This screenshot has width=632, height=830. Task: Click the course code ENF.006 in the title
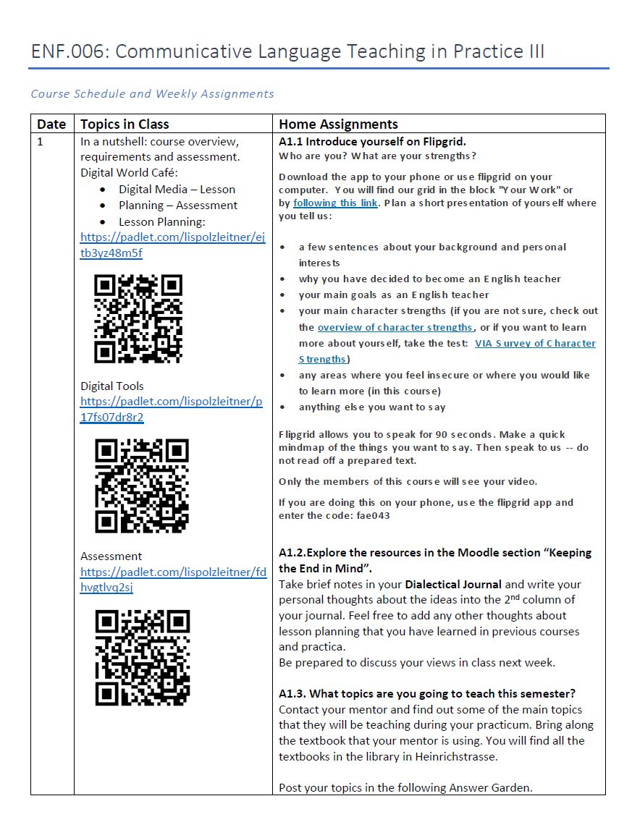[x=69, y=52]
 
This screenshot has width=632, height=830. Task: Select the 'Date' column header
[x=51, y=124]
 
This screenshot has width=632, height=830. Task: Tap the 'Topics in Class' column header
[x=125, y=124]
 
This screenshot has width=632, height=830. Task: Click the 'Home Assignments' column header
[x=338, y=124]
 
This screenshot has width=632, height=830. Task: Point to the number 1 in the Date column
[x=41, y=141]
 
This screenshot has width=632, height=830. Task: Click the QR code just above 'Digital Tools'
[x=138, y=318]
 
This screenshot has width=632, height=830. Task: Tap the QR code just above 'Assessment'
[x=142, y=486]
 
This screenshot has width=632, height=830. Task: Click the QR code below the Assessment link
[x=143, y=657]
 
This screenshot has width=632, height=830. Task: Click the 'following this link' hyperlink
[x=335, y=203]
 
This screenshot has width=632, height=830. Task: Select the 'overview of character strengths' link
[x=395, y=328]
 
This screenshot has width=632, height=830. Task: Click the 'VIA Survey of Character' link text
[x=535, y=344]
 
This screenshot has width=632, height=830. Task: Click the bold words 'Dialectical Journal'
[x=452, y=584]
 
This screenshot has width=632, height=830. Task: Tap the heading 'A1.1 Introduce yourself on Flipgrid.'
[x=372, y=141]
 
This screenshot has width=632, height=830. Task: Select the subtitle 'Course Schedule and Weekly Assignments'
[x=152, y=93]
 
